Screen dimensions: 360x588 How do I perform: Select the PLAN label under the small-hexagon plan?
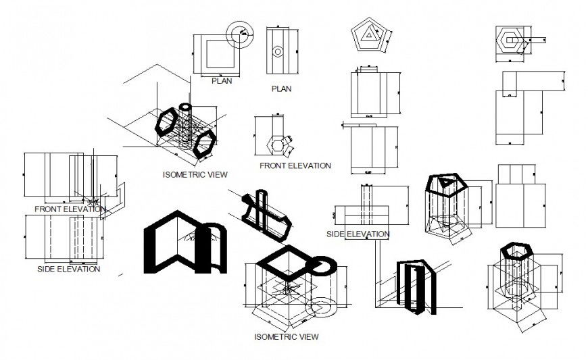pyautogui.click(x=281, y=88)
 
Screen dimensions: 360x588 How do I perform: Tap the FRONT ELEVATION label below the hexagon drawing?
pyautogui.click(x=295, y=165)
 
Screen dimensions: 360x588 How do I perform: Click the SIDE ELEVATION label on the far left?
pyautogui.click(x=68, y=269)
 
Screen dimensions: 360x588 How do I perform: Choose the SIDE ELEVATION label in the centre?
pyautogui.click(x=358, y=234)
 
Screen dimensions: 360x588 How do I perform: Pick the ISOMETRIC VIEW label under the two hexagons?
pyautogui.click(x=195, y=174)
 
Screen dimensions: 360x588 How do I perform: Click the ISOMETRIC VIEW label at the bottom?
pyautogui.click(x=286, y=336)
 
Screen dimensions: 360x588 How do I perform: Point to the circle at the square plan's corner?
pyautogui.click(x=241, y=31)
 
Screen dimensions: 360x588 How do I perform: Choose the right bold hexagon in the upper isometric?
pyautogui.click(x=203, y=144)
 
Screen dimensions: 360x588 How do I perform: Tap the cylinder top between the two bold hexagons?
pyautogui.click(x=187, y=107)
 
